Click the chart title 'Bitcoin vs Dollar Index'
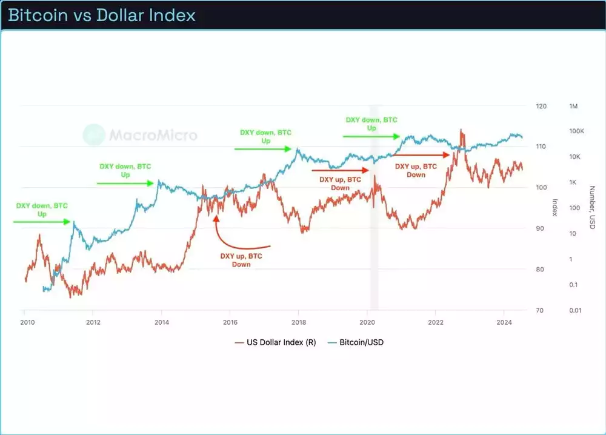tap(102, 15)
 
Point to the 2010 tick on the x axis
tap(25, 322)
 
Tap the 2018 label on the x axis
tap(298, 322)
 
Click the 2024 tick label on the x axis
tap(504, 322)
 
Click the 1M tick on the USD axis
tap(573, 106)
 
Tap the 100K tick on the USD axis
tap(576, 131)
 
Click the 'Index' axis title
tap(554, 208)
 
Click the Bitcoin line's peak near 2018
tap(298, 148)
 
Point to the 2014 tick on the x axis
tap(161, 322)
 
